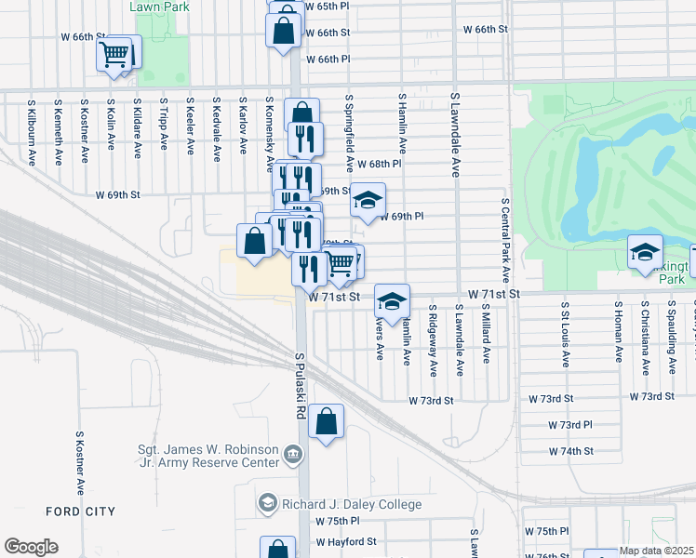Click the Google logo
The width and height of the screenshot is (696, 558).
(x=31, y=547)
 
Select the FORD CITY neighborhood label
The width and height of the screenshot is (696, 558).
(x=81, y=511)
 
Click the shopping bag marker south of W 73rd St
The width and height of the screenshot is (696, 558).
(x=327, y=423)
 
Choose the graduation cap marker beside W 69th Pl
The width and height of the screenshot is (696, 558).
(x=368, y=200)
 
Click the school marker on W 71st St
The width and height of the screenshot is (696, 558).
(x=392, y=300)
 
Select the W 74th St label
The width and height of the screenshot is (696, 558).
(x=577, y=450)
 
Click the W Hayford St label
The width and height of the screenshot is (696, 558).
(x=345, y=540)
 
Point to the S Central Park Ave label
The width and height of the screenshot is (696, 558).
(x=506, y=240)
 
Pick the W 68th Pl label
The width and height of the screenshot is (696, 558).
(x=378, y=163)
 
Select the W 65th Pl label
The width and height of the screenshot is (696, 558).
(x=325, y=7)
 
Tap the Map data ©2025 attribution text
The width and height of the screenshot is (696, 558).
(x=655, y=551)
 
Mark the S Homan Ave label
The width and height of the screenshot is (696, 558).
(x=617, y=331)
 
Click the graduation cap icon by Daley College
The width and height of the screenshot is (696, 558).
(x=268, y=503)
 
